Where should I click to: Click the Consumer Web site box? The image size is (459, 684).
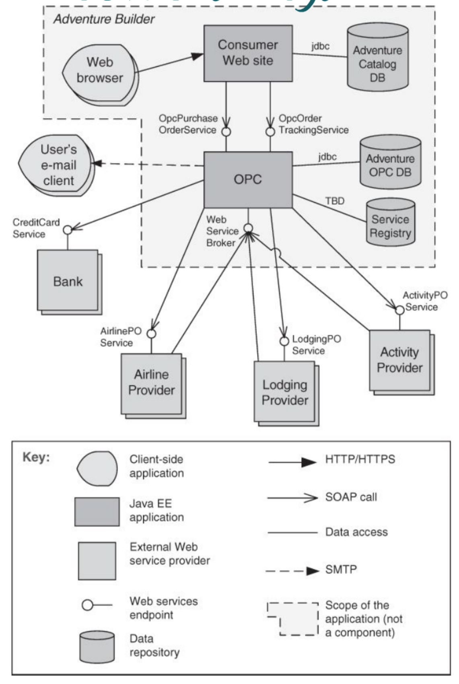click(x=248, y=53)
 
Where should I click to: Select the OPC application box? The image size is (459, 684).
click(x=248, y=179)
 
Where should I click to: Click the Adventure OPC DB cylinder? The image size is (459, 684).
click(x=390, y=163)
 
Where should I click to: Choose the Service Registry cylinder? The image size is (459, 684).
click(x=390, y=223)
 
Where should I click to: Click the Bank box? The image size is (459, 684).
click(x=68, y=280)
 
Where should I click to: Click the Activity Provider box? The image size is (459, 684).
click(x=399, y=360)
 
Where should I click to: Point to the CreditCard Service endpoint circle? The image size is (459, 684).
click(x=68, y=230)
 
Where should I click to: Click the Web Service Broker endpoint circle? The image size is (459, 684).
click(x=248, y=229)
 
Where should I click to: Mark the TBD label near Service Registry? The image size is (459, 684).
click(x=335, y=201)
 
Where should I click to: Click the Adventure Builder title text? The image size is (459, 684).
click(x=104, y=19)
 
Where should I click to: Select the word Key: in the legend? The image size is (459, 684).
click(x=36, y=457)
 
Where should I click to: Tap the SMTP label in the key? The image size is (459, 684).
click(x=341, y=570)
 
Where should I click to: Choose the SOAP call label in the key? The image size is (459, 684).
click(x=351, y=497)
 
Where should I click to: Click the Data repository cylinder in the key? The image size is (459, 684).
click(x=97, y=647)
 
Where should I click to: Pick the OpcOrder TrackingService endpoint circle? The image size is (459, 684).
click(x=271, y=132)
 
